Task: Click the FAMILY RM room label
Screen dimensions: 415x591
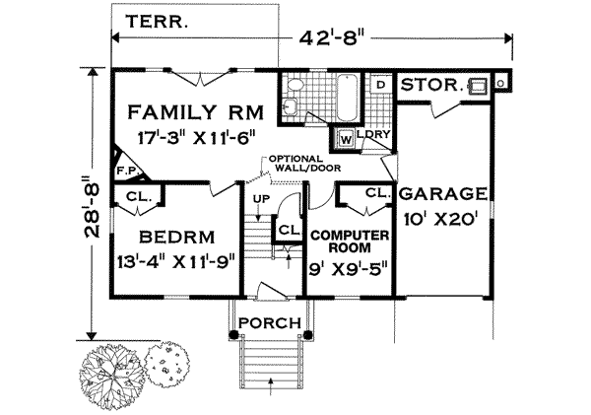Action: click(x=188, y=109)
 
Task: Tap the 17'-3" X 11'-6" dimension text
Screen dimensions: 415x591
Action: click(x=188, y=139)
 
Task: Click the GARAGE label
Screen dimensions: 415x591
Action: click(x=443, y=193)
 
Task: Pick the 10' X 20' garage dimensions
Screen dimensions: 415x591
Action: click(x=443, y=219)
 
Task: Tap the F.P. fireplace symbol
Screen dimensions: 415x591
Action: click(x=125, y=170)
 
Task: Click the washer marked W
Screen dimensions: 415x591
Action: click(x=347, y=138)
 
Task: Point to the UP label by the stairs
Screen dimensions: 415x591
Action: click(x=261, y=199)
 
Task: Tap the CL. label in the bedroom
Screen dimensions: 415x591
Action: click(x=136, y=195)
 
